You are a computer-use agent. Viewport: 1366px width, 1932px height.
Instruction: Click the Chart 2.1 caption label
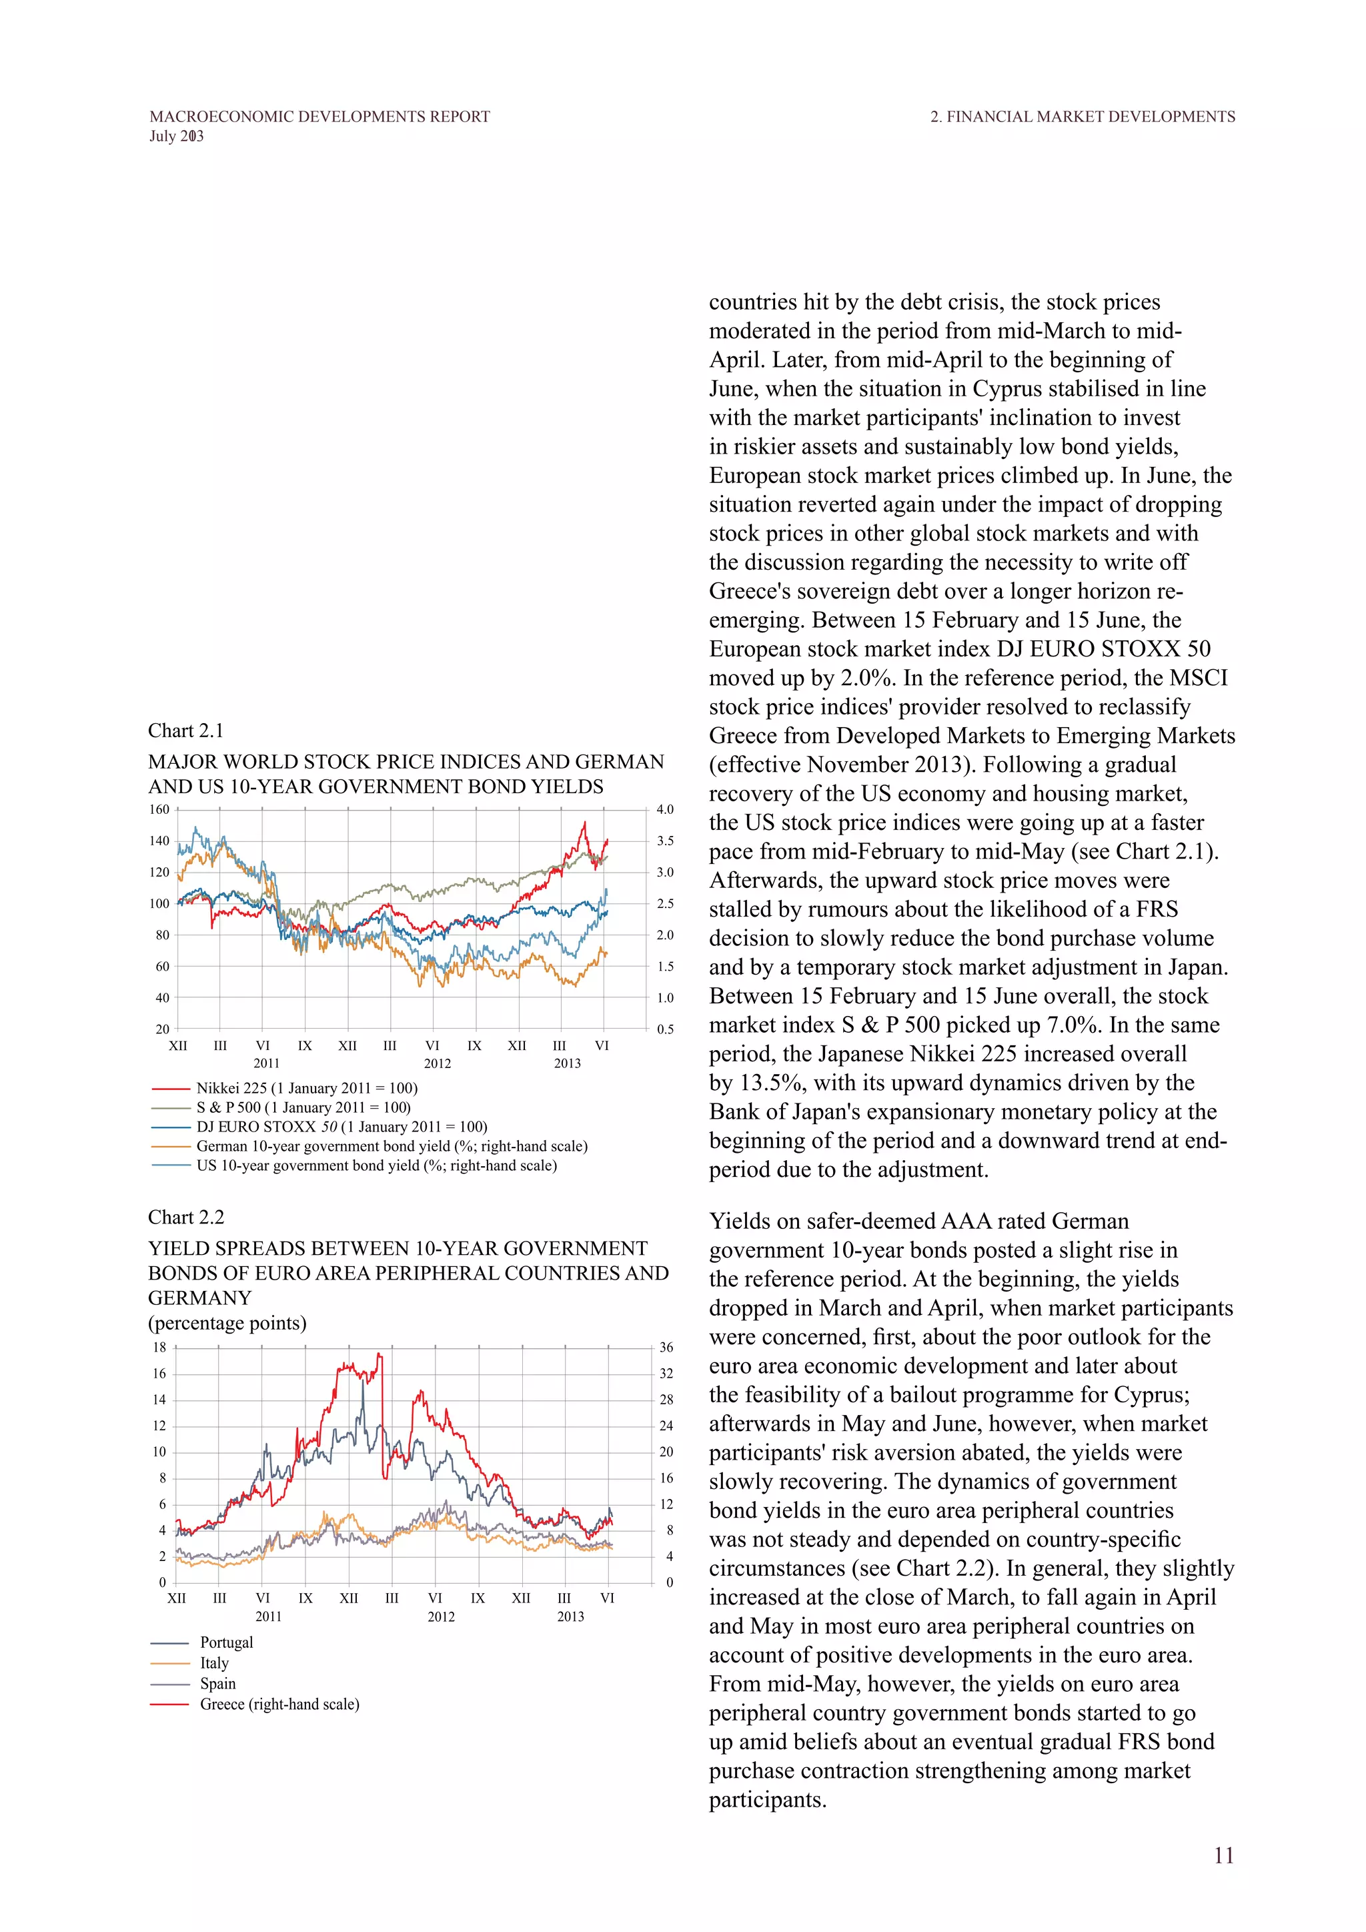tap(186, 731)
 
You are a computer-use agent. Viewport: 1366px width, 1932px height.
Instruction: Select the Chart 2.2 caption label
tap(186, 1217)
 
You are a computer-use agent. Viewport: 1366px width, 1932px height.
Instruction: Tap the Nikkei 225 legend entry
tap(306, 1088)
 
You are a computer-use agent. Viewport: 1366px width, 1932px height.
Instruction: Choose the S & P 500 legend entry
tap(303, 1107)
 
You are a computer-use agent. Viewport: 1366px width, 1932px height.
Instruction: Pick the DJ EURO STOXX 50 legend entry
tap(341, 1127)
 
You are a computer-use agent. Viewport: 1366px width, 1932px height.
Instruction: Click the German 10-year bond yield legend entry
tap(391, 1146)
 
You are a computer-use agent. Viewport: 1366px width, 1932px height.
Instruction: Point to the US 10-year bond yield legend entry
tap(376, 1165)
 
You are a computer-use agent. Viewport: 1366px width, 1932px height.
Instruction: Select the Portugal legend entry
tap(226, 1642)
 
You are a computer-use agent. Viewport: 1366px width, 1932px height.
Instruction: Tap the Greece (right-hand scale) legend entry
tap(279, 1704)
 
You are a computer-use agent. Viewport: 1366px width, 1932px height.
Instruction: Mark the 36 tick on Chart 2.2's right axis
tap(666, 1347)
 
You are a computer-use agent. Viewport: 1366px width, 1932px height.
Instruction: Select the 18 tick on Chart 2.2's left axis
tap(159, 1347)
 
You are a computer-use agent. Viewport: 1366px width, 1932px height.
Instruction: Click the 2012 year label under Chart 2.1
tap(438, 1063)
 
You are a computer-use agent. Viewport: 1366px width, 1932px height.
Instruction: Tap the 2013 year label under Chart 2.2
tap(570, 1616)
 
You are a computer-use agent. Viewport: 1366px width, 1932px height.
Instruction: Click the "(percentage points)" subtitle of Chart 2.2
tap(227, 1323)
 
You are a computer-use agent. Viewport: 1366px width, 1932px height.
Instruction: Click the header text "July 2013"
tap(177, 136)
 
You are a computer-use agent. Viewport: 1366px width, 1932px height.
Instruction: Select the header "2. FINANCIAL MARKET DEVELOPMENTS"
tap(1083, 117)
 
